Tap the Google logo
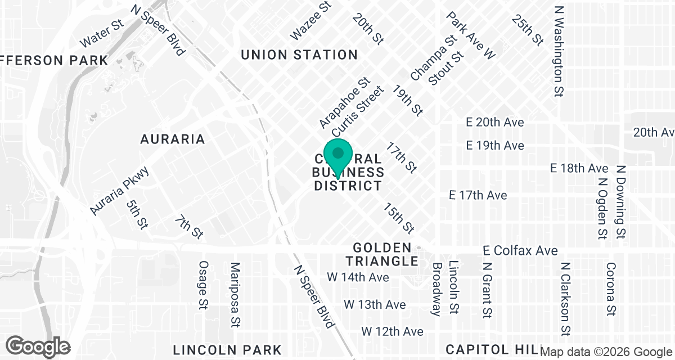(x=38, y=346)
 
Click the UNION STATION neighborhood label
(x=299, y=55)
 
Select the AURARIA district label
(x=172, y=139)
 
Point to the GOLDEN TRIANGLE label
(x=382, y=254)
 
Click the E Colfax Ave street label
(x=521, y=250)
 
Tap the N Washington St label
(x=559, y=51)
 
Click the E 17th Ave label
(x=478, y=195)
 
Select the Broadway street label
(x=437, y=289)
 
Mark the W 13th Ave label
(x=375, y=304)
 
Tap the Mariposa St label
(x=235, y=294)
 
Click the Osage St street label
(x=204, y=285)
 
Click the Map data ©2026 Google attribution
(x=606, y=352)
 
